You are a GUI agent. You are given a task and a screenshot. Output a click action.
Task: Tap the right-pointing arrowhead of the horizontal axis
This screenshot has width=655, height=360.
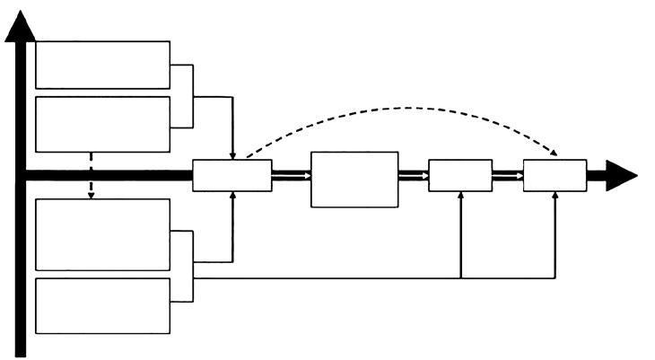click(622, 175)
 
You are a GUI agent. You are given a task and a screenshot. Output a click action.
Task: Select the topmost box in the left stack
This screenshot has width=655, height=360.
click(102, 65)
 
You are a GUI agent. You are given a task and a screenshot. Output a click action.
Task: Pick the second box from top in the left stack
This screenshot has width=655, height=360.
click(102, 124)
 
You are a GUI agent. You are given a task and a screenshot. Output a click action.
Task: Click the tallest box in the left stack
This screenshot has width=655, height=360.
click(102, 234)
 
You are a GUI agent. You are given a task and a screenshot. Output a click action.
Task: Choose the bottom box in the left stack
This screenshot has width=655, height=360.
click(102, 306)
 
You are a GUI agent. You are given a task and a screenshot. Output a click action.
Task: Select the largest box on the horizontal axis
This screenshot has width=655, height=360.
click(354, 180)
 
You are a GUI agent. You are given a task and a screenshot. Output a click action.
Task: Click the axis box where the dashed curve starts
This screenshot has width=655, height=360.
click(232, 175)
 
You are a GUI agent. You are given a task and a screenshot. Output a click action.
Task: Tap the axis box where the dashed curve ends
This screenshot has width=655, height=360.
click(555, 175)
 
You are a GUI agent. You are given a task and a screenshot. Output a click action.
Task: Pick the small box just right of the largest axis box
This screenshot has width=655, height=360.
click(460, 175)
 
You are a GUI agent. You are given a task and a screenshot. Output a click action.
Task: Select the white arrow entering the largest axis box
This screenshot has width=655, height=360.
click(292, 176)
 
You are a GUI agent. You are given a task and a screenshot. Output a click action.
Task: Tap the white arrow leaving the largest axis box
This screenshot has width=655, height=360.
click(414, 176)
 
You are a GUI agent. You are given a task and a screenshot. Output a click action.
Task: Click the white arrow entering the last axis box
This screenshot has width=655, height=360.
click(508, 176)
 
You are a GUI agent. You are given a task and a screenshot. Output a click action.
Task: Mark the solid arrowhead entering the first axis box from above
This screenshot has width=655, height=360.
click(232, 155)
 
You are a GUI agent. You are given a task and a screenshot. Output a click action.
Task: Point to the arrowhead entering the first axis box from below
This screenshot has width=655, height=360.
click(232, 196)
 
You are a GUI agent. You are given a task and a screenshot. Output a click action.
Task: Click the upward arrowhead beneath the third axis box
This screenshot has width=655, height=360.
click(460, 196)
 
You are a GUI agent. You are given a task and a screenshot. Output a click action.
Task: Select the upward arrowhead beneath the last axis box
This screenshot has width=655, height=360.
click(555, 196)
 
